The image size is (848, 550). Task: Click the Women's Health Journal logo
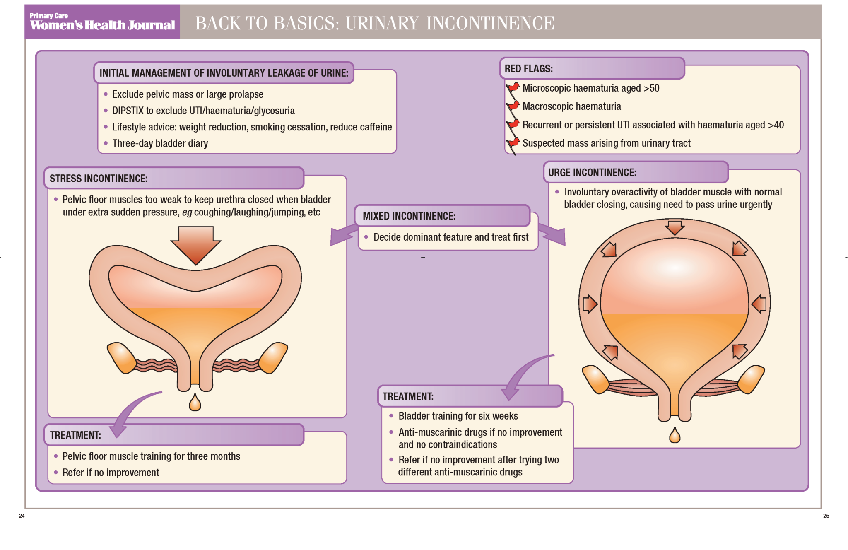(x=102, y=22)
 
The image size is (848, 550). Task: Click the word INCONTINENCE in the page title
(x=490, y=23)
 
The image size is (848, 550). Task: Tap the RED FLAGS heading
(x=528, y=69)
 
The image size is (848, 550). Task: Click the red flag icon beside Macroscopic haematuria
(x=513, y=107)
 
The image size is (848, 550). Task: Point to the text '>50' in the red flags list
(x=651, y=88)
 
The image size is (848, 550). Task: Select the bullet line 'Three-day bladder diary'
(x=160, y=143)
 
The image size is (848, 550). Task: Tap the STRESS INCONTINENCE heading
(x=99, y=179)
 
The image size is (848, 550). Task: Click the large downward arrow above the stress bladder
(x=196, y=244)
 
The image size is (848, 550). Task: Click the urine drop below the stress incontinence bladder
(x=195, y=403)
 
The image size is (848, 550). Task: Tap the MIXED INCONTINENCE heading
(x=409, y=216)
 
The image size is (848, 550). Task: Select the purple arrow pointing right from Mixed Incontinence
(x=553, y=235)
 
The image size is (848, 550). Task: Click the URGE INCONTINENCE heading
(x=592, y=173)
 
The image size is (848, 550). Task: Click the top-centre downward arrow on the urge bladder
(x=675, y=227)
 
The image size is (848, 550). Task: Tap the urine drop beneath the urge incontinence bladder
(x=675, y=435)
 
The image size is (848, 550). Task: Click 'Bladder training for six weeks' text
(x=458, y=416)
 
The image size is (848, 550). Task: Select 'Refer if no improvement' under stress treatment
(x=111, y=473)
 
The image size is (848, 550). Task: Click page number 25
(x=826, y=516)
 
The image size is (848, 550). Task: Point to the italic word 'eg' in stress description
(x=187, y=212)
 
